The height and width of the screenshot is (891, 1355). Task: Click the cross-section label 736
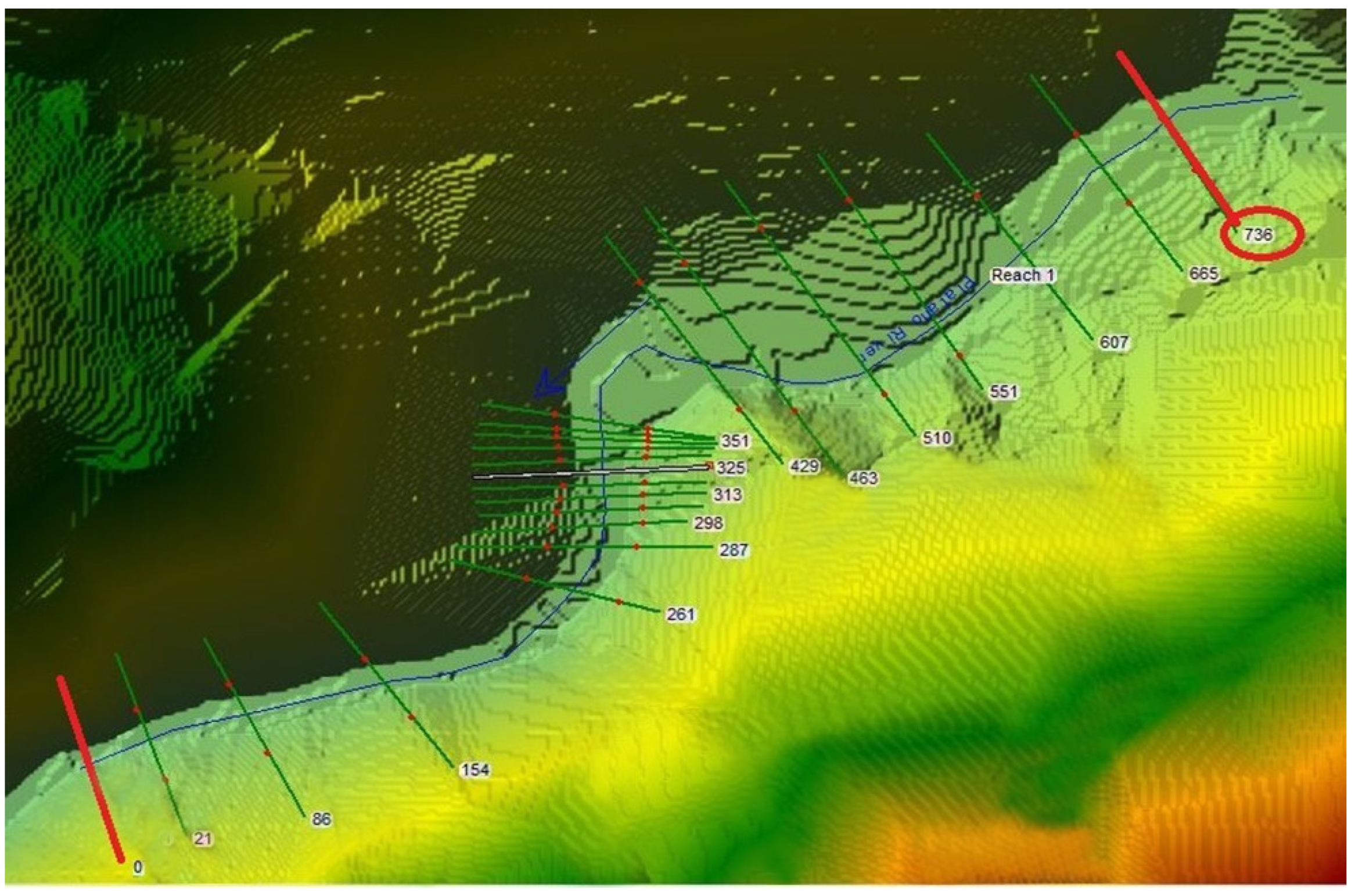point(1258,235)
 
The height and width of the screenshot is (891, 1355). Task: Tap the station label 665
point(1203,273)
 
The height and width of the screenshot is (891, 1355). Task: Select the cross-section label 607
point(1113,342)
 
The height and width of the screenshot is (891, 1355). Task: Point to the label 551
point(1004,392)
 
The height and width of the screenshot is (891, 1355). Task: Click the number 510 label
point(936,438)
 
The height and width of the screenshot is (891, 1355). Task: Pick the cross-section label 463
point(863,478)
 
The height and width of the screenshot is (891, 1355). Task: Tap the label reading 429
point(804,465)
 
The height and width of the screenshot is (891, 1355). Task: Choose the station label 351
point(735,441)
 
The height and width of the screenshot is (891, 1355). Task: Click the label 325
point(730,468)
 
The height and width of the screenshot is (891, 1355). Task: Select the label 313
point(727,494)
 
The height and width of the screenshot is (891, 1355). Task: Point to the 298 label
point(709,523)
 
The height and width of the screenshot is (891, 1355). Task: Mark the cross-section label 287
point(734,549)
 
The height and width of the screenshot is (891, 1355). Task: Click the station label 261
point(680,614)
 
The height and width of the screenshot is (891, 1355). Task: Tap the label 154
point(475,770)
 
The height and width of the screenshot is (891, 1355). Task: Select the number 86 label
point(321,819)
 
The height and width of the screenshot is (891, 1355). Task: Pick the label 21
point(203,839)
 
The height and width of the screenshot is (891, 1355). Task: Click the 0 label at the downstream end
point(138,867)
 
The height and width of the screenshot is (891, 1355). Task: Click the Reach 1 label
point(1022,275)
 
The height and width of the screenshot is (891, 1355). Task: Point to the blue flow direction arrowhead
point(549,385)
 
